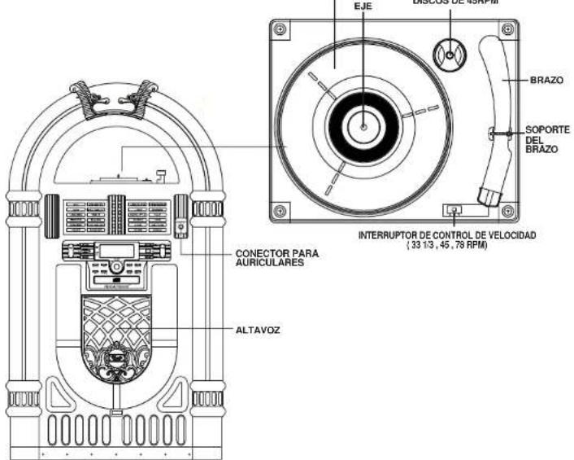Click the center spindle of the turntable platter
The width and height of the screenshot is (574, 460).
363,126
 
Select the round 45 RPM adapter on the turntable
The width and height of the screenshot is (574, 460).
449,54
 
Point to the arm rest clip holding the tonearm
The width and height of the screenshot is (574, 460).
493,132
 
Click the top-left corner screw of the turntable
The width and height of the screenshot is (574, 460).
280,29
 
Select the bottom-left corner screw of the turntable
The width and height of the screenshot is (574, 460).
280,209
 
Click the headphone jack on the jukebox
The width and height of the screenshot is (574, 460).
180,228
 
